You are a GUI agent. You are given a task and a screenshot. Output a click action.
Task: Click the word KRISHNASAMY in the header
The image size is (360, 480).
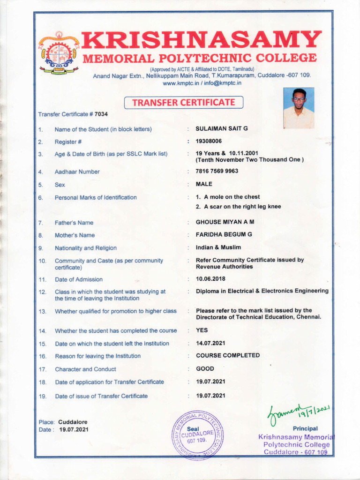[202, 41]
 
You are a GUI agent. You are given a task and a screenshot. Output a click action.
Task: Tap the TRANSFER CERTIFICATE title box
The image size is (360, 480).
[183, 102]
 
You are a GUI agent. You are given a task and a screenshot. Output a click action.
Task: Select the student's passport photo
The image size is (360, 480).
[299, 108]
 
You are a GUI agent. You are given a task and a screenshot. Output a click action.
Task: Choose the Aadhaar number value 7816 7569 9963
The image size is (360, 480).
[217, 171]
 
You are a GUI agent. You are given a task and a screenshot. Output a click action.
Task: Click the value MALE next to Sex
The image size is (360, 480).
[204, 184]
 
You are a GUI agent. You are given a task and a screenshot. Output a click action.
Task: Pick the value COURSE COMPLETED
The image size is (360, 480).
[227, 355]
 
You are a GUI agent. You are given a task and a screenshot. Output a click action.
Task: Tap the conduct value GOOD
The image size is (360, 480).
[205, 369]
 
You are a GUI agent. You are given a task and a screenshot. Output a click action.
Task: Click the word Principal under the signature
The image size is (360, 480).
[305, 428]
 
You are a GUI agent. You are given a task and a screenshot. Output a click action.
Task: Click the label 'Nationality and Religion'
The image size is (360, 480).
[86, 248]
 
